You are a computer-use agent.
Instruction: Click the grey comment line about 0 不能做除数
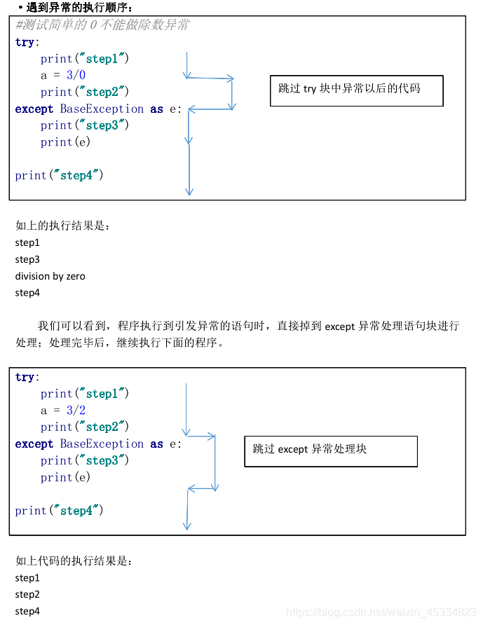point(102,25)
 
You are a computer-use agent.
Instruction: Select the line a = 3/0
point(63,75)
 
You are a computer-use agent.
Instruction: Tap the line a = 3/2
point(63,410)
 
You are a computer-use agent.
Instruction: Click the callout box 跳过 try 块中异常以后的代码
point(356,90)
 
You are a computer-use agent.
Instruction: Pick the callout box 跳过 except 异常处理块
point(330,451)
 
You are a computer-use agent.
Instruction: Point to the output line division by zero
point(50,276)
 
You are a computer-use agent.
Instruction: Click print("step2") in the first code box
point(85,92)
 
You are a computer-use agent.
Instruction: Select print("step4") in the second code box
point(60,511)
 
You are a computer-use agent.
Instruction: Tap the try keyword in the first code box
point(25,42)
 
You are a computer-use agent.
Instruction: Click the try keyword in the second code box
point(25,377)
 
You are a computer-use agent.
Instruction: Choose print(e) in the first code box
point(66,142)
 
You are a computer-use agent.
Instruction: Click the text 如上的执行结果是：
point(63,226)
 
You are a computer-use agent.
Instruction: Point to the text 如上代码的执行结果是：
point(74,561)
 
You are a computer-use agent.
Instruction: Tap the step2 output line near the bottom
point(27,594)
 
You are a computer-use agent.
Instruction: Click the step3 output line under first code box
point(27,259)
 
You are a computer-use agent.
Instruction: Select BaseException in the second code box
point(102,444)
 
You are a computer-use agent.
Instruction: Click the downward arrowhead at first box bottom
point(189,191)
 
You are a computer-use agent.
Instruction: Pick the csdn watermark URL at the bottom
point(382,612)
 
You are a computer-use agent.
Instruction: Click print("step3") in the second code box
point(85,460)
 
